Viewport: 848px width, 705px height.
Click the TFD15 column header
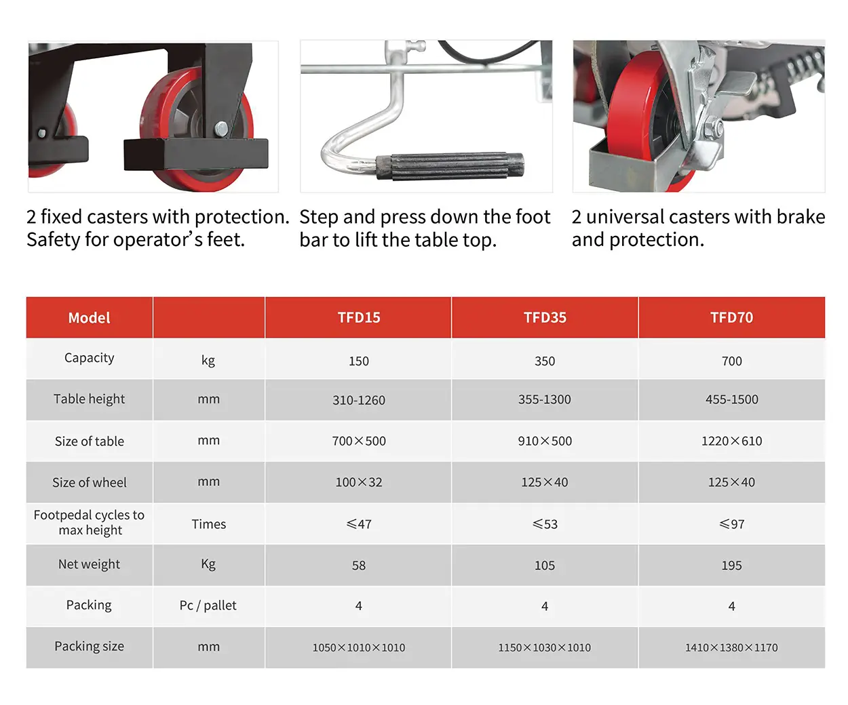359,317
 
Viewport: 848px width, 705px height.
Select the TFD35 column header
545,317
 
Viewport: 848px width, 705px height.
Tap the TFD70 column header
731,317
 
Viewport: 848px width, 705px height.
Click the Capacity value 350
545,361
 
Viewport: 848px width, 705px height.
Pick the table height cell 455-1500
731,399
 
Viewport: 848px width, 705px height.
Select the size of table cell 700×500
359,441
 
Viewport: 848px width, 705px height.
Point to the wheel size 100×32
359,482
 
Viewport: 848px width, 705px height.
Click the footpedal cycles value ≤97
731,524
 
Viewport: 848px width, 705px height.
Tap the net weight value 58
359,565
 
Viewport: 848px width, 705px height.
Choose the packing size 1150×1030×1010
545,647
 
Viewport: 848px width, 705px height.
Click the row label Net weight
90,564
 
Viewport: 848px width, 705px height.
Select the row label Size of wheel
90,482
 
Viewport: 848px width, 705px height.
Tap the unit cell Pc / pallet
208,605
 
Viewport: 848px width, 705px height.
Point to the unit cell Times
209,524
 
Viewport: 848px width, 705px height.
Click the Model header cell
90,317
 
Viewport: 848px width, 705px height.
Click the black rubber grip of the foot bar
450,165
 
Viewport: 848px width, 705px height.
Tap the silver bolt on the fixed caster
221,129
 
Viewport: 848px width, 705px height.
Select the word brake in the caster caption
801,216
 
